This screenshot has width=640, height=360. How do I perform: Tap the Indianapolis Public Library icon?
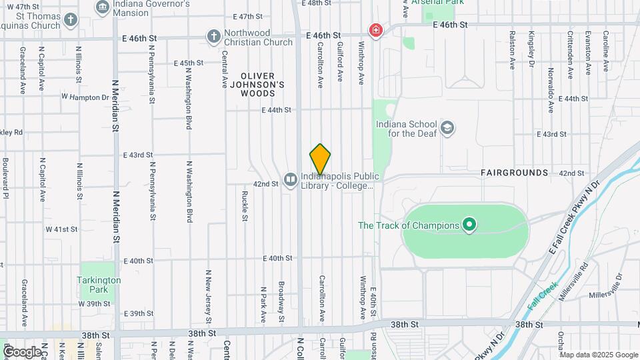click(290, 179)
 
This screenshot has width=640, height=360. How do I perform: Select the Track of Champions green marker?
click(469, 225)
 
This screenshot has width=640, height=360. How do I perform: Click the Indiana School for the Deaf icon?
click(447, 127)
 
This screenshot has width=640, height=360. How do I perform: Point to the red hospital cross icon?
click(376, 31)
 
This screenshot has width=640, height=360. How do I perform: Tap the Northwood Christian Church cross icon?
click(213, 37)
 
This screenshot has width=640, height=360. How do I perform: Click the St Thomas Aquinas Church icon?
click(71, 19)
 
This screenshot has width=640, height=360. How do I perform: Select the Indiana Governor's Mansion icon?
click(103, 7)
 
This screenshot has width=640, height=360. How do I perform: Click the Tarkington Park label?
click(99, 280)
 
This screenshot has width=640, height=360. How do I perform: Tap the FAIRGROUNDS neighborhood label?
click(514, 173)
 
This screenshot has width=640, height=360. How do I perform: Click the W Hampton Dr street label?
click(85, 97)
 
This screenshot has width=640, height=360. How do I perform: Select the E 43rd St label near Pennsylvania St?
click(138, 155)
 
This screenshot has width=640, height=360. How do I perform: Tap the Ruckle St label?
click(245, 205)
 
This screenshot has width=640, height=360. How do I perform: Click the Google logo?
click(22, 351)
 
